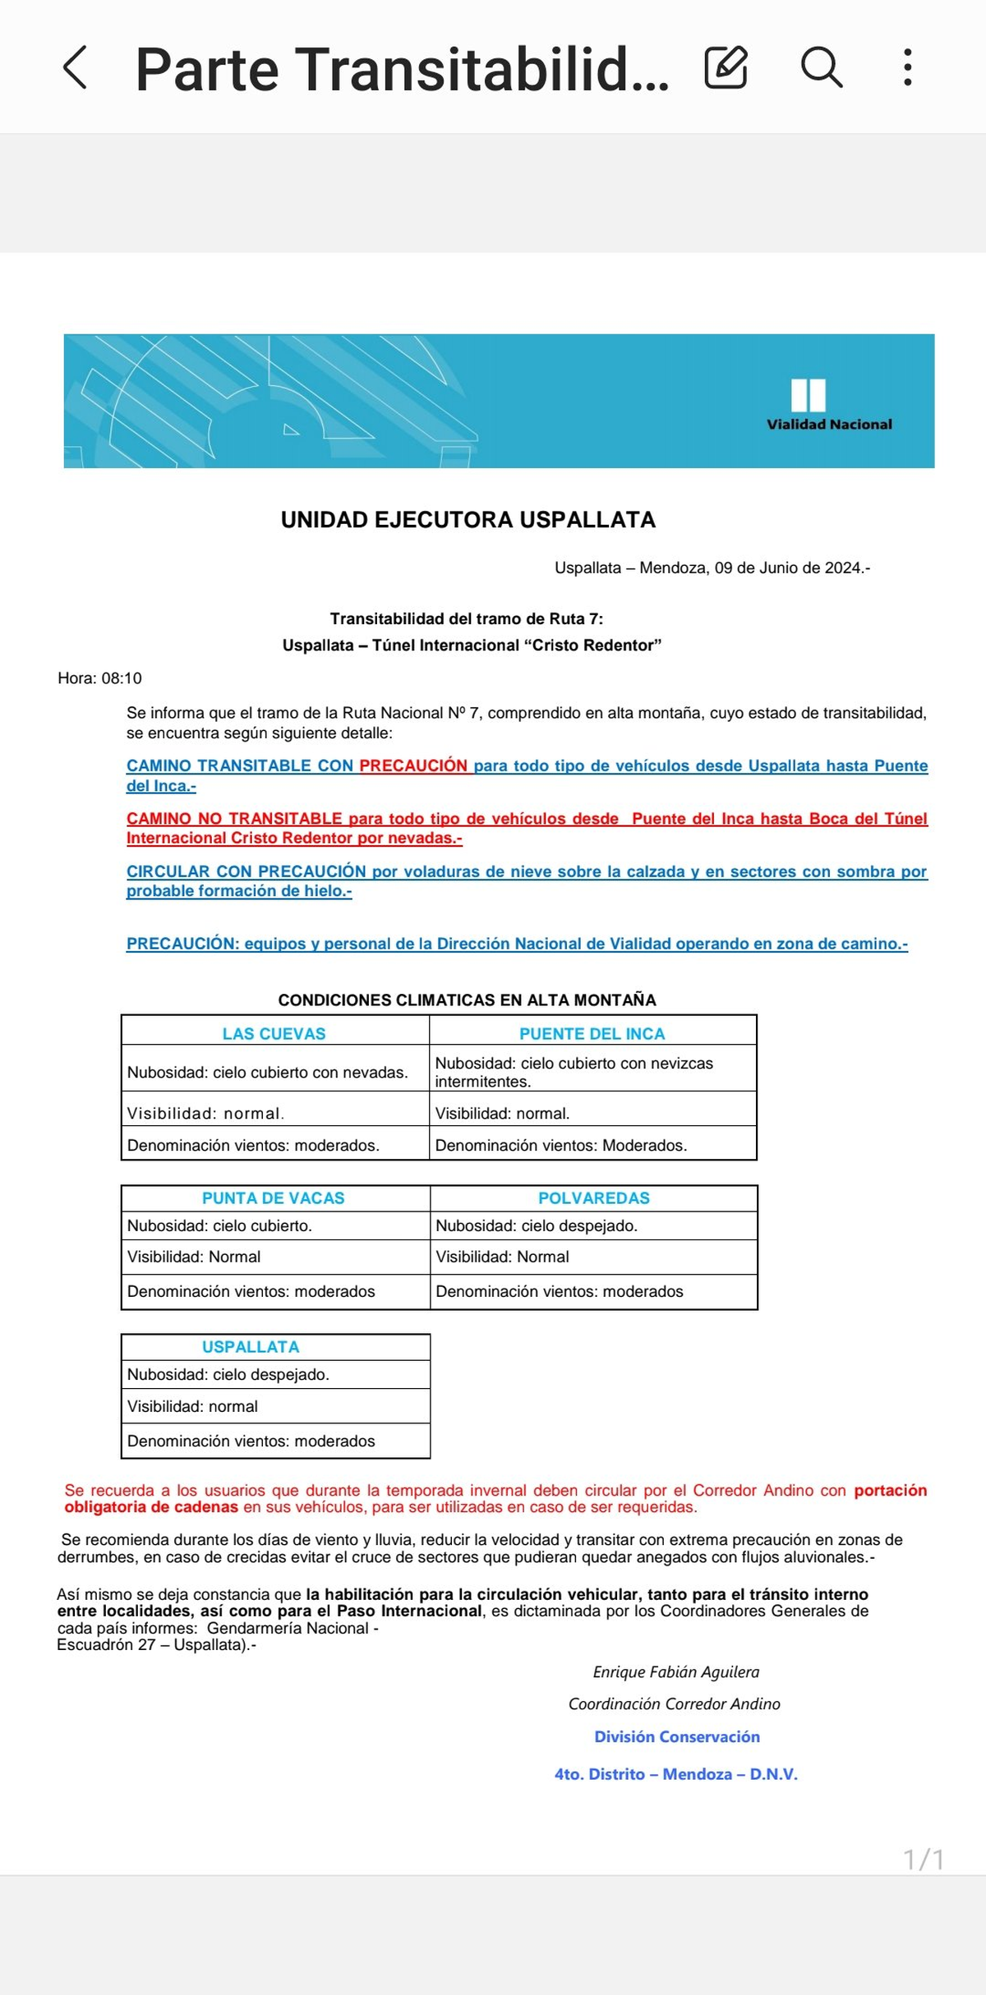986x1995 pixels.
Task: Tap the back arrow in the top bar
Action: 75,67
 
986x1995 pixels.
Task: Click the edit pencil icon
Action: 726,67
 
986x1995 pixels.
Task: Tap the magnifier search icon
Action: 821,67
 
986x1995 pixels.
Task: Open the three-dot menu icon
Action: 907,67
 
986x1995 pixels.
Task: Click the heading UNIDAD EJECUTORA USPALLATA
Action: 468,520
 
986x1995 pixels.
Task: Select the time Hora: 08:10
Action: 100,678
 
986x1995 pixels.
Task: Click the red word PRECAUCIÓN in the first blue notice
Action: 413,765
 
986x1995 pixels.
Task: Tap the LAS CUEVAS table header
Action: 274,1034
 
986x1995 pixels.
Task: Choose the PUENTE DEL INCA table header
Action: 592,1034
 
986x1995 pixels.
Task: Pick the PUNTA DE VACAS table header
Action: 274,1198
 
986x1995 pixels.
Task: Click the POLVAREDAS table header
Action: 594,1198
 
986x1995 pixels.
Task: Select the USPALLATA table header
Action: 251,1347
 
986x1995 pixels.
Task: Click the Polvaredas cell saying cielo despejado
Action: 537,1226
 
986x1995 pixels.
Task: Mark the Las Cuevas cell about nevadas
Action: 268,1073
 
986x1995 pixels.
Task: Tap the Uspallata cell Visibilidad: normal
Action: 193,1406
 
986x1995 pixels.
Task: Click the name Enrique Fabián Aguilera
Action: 676,1672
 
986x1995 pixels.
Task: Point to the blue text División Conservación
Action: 677,1737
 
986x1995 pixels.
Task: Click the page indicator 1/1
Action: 924,1860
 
